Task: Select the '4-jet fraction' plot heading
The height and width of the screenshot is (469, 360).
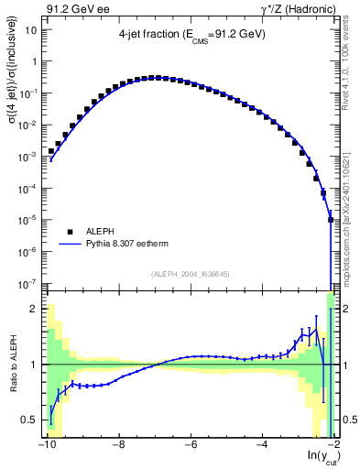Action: (191, 38)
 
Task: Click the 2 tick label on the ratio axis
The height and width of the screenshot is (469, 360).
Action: (37, 309)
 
